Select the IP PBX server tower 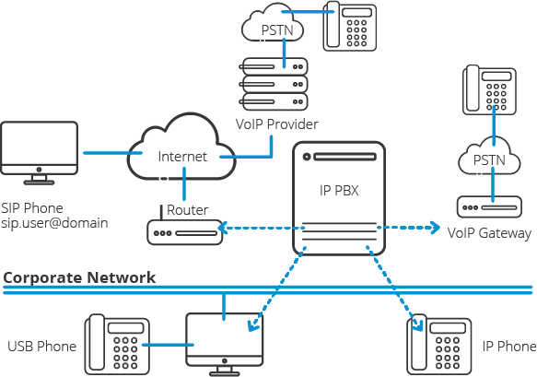point(339,197)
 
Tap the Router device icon point(184,230)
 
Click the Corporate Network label point(79,277)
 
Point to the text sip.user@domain point(54,223)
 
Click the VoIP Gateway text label point(489,234)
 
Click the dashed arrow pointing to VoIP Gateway point(410,227)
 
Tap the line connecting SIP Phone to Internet point(106,152)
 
